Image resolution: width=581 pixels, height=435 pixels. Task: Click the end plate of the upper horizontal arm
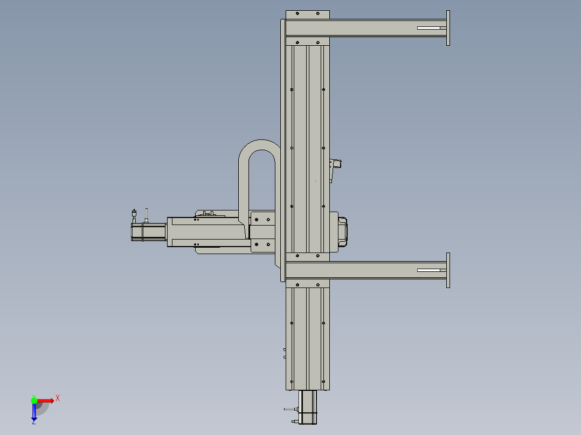point(448,28)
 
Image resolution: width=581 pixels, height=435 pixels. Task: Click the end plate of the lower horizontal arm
point(448,270)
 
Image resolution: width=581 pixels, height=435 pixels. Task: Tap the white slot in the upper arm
point(432,28)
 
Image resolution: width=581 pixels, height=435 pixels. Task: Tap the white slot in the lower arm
point(432,270)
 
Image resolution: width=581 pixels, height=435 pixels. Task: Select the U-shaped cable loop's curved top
point(258,144)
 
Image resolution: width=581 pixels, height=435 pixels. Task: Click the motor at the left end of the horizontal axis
point(148,232)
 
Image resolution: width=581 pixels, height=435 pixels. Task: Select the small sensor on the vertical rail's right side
point(336,164)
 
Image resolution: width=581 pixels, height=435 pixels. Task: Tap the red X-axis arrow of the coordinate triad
point(46,400)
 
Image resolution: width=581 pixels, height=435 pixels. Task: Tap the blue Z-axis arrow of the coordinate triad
point(34,412)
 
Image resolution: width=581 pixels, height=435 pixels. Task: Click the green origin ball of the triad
point(34,400)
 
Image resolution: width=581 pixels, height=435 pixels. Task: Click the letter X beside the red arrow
point(58,398)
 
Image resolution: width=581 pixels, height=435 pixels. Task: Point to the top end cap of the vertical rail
point(307,15)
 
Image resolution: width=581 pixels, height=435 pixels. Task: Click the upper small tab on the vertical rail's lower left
point(285,349)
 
